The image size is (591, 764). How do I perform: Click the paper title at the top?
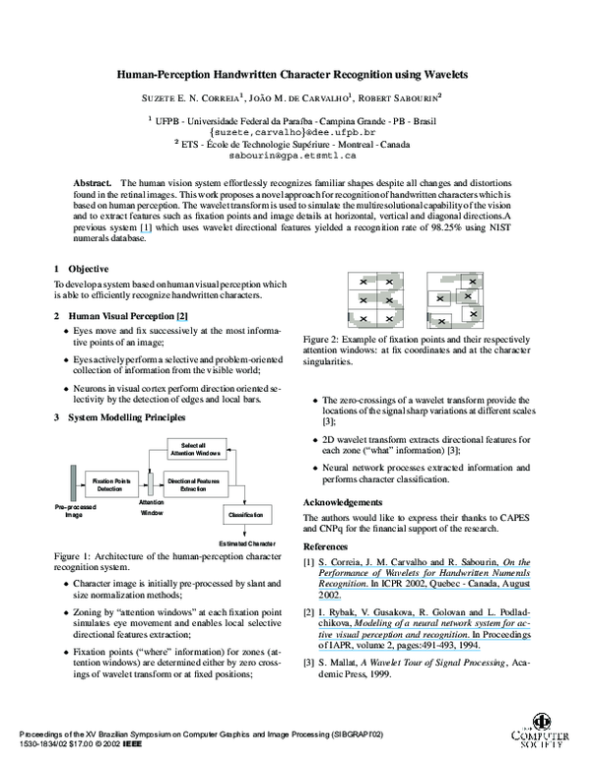coord(293,74)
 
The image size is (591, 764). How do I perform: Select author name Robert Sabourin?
coord(403,97)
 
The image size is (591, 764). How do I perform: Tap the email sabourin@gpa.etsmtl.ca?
coord(293,156)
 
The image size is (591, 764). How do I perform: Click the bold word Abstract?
coord(94,184)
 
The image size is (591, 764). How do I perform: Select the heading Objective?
coord(88,269)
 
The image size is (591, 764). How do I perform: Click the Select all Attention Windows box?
coord(192,448)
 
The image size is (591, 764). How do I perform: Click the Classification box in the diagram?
coord(245,515)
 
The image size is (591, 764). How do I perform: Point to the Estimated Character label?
coord(246,543)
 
